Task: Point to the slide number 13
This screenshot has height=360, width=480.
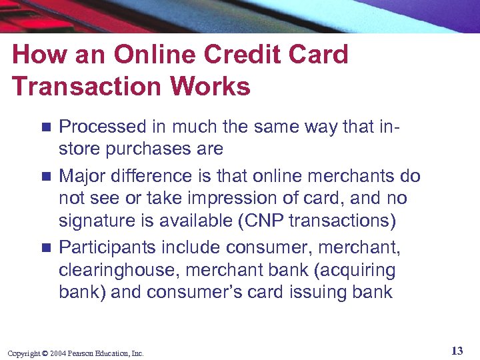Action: pos(457,351)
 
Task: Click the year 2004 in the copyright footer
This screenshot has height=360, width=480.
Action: pos(57,353)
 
